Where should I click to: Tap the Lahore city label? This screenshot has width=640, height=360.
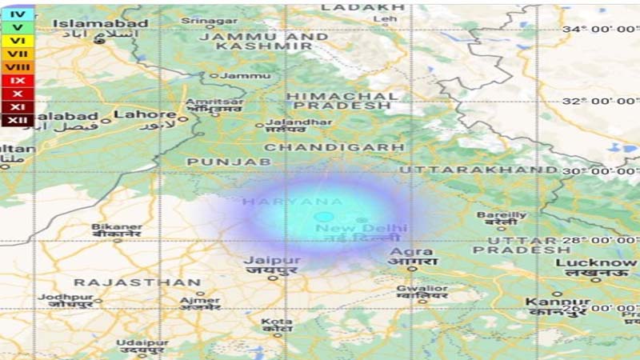click(145, 114)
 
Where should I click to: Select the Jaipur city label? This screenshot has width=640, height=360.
click(272, 261)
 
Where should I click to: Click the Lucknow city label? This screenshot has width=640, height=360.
click(596, 262)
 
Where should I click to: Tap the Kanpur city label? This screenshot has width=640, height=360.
click(552, 301)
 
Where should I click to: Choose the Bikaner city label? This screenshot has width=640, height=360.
click(117, 227)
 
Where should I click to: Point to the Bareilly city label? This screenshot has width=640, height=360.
click(502, 215)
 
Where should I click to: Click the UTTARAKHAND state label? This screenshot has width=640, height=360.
click(478, 170)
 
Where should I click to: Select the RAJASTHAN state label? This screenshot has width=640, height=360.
click(137, 282)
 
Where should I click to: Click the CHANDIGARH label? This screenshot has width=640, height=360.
click(334, 147)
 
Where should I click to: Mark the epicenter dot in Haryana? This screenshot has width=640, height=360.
click(323, 217)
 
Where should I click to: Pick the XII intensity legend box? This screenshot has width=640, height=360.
click(17, 120)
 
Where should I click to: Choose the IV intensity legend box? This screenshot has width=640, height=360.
click(17, 14)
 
